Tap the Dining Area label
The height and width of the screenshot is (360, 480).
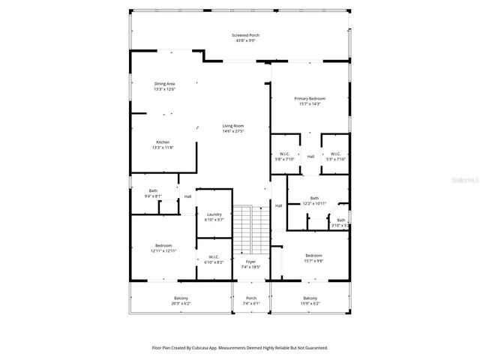[x=164, y=85]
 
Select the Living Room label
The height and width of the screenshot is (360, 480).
[x=232, y=128]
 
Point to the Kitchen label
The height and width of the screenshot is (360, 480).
[x=163, y=145]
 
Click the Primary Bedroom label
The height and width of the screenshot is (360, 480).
[x=310, y=100]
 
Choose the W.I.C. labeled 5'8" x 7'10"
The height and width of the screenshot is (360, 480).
[x=284, y=156]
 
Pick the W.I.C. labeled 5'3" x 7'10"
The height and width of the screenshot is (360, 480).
[x=335, y=156]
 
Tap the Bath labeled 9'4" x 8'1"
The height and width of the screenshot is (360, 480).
[x=153, y=193]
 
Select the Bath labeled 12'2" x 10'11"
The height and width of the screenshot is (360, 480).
[x=316, y=201]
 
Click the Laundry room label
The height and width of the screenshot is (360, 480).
[x=214, y=217]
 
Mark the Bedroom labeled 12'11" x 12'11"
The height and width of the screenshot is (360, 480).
[x=163, y=248]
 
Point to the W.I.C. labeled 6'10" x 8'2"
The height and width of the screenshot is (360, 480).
[x=214, y=260]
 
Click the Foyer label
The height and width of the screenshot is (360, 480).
[x=250, y=264]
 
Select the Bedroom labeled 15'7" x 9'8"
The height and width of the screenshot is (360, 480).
[x=313, y=257]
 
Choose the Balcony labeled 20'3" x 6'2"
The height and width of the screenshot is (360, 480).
[x=181, y=300]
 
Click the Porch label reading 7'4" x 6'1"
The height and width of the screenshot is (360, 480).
[x=251, y=300]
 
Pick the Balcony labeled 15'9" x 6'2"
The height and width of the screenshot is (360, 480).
[x=310, y=300]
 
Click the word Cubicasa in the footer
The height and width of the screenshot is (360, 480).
[x=211, y=347]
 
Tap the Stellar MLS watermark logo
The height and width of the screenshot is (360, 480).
[x=462, y=180]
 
